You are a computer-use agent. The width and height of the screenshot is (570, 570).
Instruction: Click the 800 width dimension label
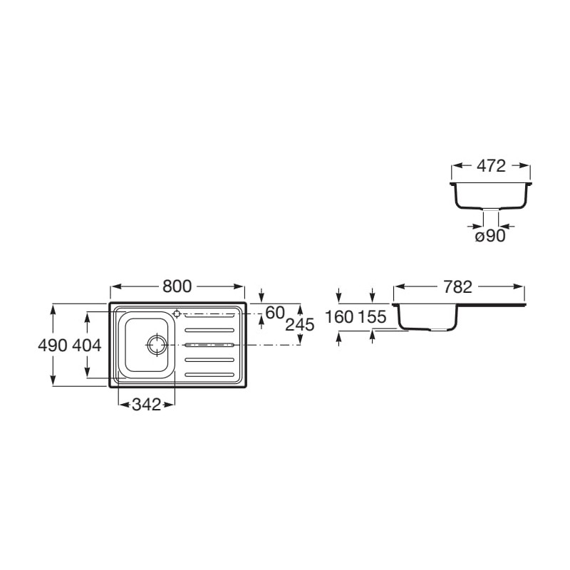[x=177, y=286]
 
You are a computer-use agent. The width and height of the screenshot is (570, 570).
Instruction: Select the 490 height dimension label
[x=53, y=346]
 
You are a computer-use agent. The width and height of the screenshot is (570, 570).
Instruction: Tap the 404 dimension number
[x=87, y=346]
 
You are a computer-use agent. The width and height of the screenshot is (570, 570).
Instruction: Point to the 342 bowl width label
[x=146, y=404]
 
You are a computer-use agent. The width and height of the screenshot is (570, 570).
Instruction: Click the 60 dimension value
[x=275, y=313]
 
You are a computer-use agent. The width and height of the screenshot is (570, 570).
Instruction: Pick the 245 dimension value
[x=299, y=325]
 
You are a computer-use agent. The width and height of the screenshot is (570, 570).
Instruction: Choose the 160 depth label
[x=339, y=317]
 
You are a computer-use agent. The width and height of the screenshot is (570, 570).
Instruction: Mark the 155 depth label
[x=372, y=317]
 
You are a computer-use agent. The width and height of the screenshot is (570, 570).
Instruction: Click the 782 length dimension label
[x=457, y=287]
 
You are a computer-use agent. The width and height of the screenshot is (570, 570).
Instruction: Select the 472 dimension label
[x=491, y=166]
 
